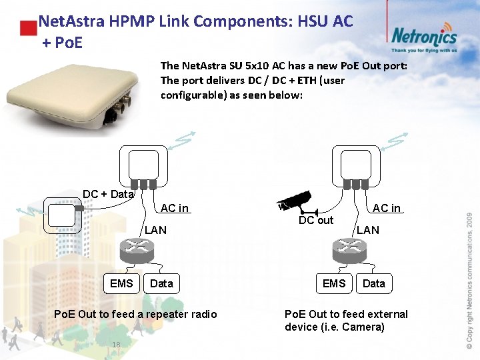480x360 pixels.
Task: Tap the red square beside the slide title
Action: coord(27,29)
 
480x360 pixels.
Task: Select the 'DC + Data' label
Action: coord(108,194)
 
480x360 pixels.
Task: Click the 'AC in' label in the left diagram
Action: coord(175,208)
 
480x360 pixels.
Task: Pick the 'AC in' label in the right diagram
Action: coord(387,208)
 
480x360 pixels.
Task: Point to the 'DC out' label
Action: coord(316,221)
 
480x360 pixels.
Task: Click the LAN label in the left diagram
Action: coord(156,230)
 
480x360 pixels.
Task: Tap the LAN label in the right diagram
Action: coord(367,230)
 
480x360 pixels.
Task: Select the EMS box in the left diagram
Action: coord(121,283)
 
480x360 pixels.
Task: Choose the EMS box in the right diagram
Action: coord(334,283)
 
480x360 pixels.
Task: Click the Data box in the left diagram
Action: coord(161,283)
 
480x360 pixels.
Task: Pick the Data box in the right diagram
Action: coord(373,283)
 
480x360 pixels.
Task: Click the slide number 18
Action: coord(116,344)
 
